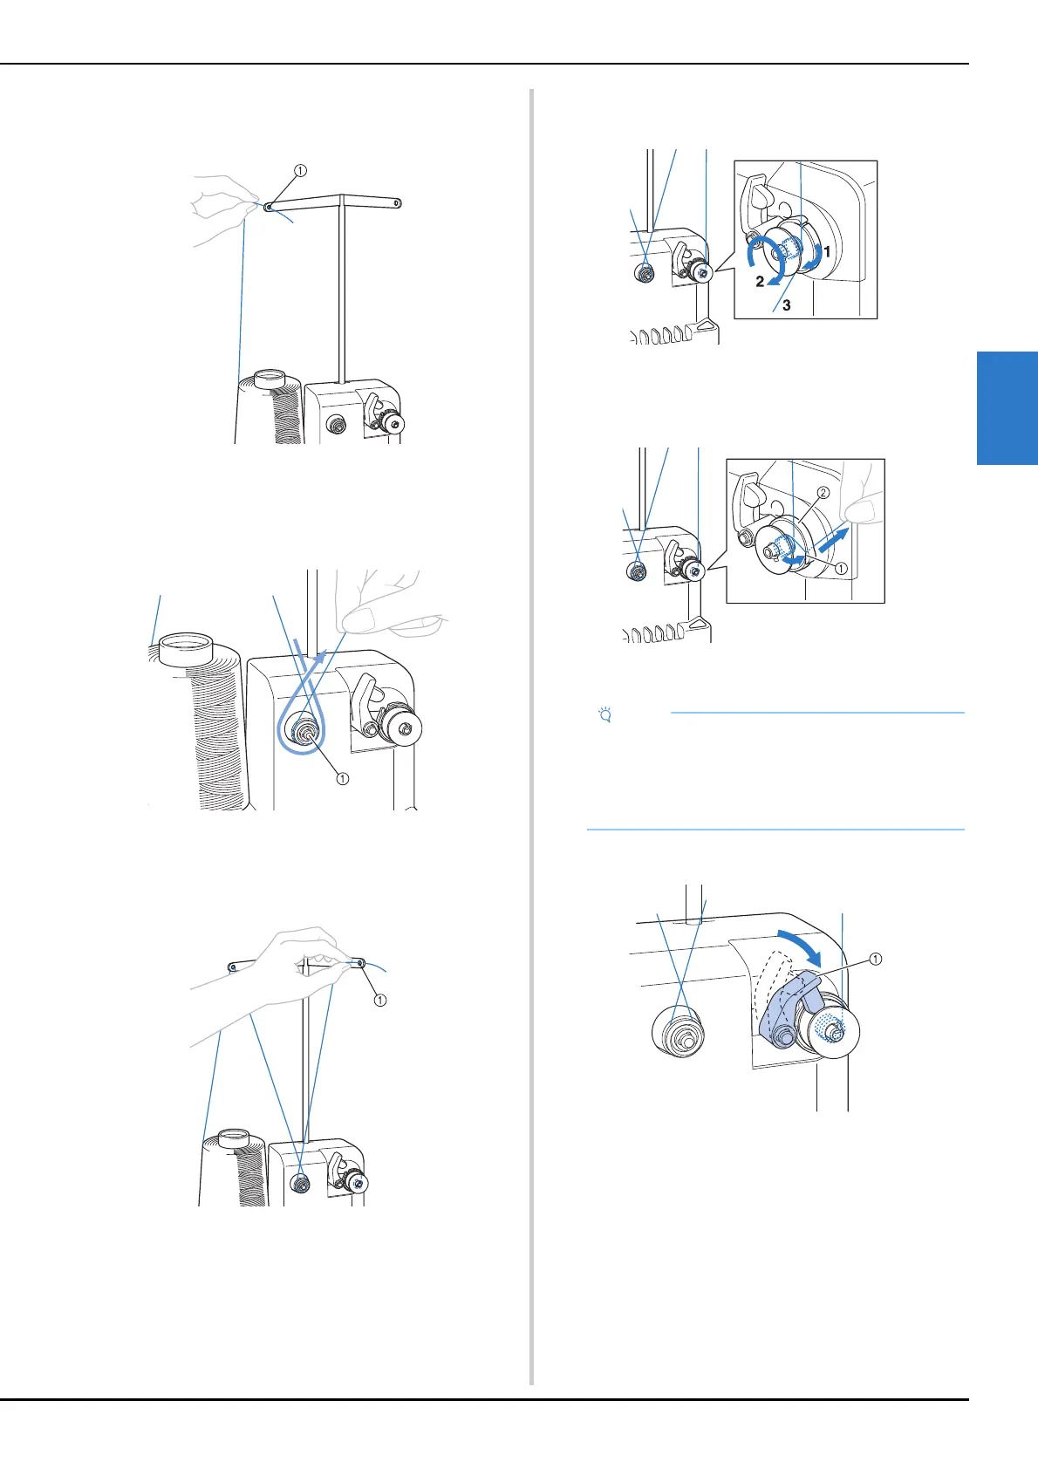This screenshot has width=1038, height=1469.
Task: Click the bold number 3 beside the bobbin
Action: click(787, 305)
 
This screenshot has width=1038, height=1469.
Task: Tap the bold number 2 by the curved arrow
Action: click(760, 282)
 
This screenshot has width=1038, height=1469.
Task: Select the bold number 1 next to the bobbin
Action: click(827, 250)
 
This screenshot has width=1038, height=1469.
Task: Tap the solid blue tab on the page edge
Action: click(1007, 407)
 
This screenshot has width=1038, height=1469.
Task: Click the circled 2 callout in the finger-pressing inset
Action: click(823, 493)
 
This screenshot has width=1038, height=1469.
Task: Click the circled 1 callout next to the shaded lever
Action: click(875, 959)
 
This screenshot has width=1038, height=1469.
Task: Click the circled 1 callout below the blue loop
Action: click(343, 778)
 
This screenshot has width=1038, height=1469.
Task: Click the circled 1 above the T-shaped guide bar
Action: click(300, 171)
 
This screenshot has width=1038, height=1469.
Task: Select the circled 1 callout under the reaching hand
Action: click(379, 1001)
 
